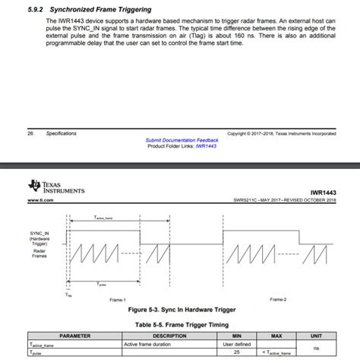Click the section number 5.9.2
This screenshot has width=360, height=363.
[33, 10]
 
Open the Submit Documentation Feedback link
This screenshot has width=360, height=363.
[182, 140]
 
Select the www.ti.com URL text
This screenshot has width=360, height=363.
[39, 200]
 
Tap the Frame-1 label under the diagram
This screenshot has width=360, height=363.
[118, 300]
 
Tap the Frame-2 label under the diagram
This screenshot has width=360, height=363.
[278, 300]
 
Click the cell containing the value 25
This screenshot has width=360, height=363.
[237, 353]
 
